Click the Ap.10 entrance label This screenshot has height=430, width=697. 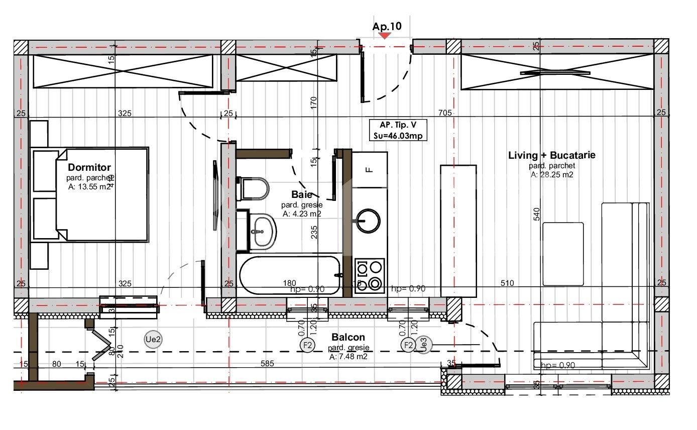387,26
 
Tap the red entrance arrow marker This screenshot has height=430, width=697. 385,36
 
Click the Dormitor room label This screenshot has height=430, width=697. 89,167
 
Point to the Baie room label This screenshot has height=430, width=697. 301,194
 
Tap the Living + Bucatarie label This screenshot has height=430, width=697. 551,155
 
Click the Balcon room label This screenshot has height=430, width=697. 348,337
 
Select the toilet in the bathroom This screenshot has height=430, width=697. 254,189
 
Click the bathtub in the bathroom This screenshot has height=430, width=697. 290,275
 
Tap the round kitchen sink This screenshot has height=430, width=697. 368,221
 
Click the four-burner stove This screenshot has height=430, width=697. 370,275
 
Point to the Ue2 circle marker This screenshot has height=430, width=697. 153,340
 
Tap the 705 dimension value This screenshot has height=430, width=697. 445,113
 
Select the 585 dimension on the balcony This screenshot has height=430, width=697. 267,363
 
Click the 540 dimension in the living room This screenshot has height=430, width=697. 537,214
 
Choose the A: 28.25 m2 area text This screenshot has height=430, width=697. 551,175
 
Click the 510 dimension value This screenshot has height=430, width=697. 507,283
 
